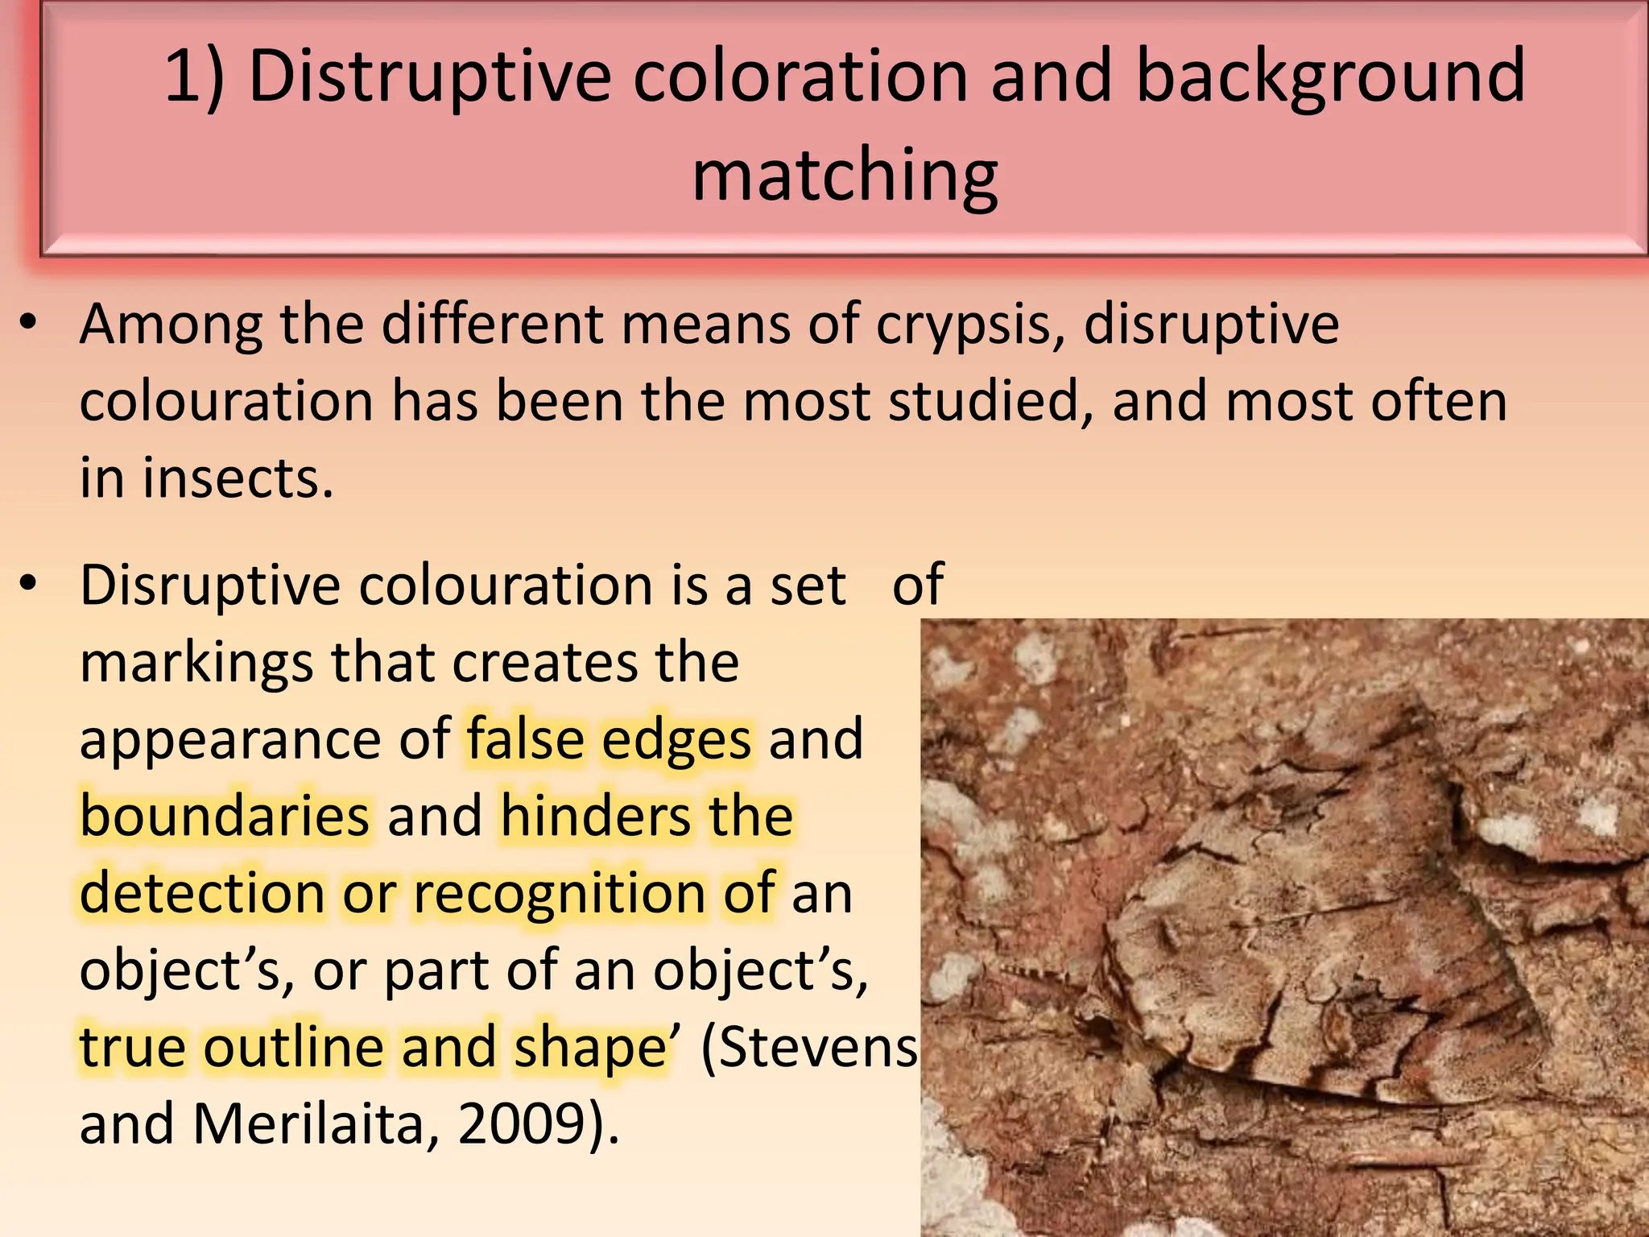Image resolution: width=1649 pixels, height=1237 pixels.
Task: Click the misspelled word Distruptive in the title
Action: (x=430, y=77)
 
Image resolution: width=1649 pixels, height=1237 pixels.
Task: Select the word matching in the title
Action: (x=845, y=176)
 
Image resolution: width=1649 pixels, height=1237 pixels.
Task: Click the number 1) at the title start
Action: (x=194, y=77)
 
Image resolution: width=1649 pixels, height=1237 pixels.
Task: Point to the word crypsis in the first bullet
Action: (x=970, y=325)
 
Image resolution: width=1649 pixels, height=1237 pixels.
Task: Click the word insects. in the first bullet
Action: (x=238, y=478)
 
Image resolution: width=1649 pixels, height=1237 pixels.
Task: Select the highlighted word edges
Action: (x=676, y=738)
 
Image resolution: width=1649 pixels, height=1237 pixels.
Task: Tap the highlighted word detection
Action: (x=202, y=893)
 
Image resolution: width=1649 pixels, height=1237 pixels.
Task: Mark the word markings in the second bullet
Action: (x=196, y=662)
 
